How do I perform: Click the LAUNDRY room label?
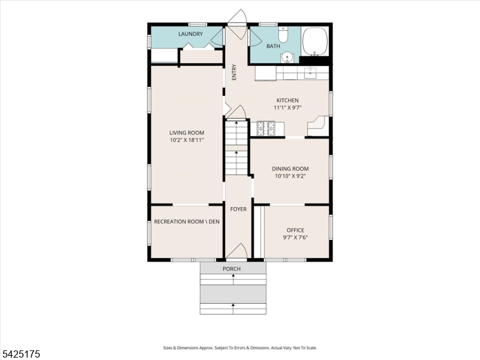point(190,34)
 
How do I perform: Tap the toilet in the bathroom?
point(283,35)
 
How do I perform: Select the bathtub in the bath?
point(315,41)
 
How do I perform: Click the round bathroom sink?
point(287,57)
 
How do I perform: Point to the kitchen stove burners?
point(266,128)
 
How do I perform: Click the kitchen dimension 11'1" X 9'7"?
point(287,108)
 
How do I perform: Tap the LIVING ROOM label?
point(187,133)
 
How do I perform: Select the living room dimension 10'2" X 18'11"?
point(187,140)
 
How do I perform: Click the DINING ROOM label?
point(290,169)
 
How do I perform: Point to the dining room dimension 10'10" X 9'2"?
point(290,176)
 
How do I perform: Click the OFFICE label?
point(295,230)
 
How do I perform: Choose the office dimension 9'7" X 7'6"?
point(295,238)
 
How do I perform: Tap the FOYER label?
point(238,209)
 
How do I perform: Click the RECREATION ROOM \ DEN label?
point(187,221)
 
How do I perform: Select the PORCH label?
point(232,269)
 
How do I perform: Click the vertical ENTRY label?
point(235,72)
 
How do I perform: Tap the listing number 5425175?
point(20,354)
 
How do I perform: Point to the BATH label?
point(273,46)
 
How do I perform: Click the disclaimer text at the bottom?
point(239,348)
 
